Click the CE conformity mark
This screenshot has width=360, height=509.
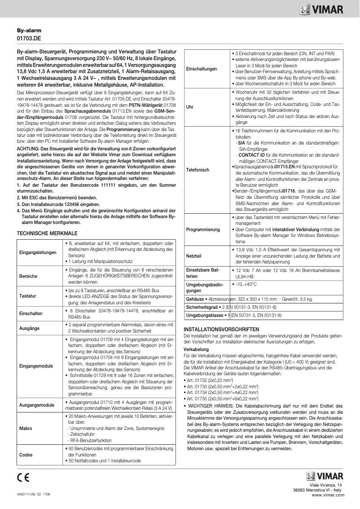(23, 477)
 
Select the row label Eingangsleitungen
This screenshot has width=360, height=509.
(38, 252)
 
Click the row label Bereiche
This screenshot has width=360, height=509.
(28, 276)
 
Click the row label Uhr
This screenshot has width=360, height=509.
(189, 107)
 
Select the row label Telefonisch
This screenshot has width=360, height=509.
(198, 171)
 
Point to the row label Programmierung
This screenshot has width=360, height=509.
(203, 229)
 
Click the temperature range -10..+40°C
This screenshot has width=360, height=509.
(246, 285)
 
